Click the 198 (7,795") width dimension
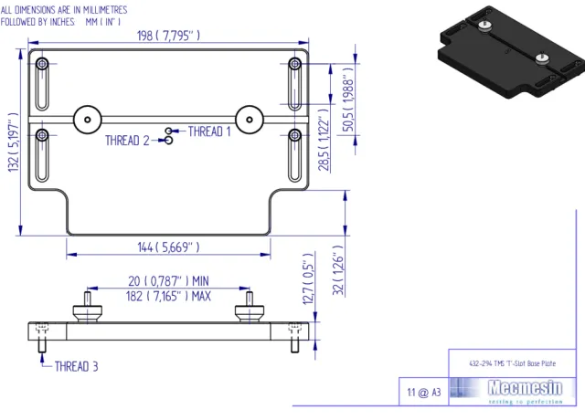pyautogui.click(x=168, y=36)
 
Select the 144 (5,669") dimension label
pyautogui.click(x=168, y=247)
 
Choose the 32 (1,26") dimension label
pyautogui.click(x=336, y=271)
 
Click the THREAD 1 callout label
pyautogui.click(x=209, y=131)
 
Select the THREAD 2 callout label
pyautogui.click(x=127, y=141)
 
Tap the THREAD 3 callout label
pyautogui.click(x=77, y=367)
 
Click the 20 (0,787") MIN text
pyautogui.click(x=169, y=281)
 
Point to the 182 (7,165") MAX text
pyautogui.click(x=168, y=296)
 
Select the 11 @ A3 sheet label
pyautogui.click(x=424, y=392)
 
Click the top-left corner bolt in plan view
pyautogui.click(x=43, y=64)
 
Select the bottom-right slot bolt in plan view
pyautogui.click(x=294, y=135)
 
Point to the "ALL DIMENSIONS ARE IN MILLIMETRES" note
pyautogui.click(x=64, y=8)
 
